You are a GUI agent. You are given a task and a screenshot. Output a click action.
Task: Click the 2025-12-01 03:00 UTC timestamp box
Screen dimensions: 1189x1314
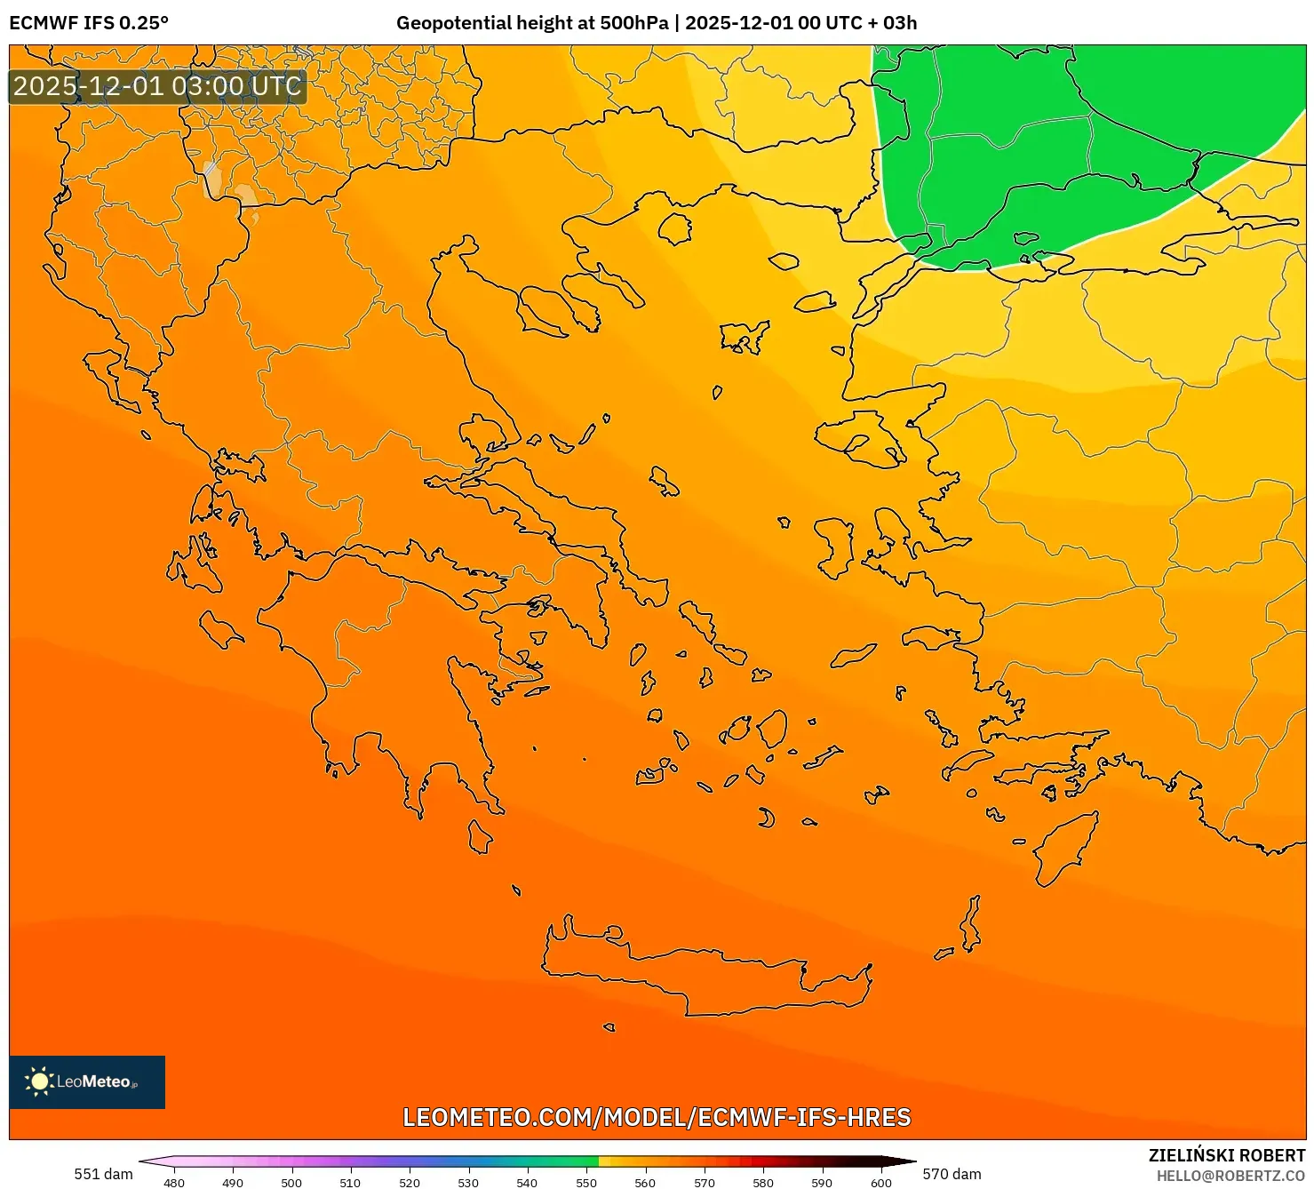click(158, 87)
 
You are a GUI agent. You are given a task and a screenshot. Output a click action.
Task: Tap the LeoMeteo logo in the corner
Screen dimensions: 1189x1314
click(87, 1081)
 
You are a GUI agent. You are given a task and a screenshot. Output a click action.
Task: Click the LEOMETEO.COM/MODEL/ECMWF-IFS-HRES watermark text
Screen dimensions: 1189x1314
click(657, 1117)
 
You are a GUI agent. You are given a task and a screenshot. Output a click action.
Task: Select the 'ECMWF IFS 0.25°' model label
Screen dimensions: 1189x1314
click(89, 23)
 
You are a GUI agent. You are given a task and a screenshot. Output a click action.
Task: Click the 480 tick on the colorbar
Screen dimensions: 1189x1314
click(174, 1182)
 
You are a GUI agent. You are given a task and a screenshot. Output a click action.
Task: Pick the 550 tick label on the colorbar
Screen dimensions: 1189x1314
click(586, 1182)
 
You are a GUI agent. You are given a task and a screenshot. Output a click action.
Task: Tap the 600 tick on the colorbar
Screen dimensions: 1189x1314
click(880, 1182)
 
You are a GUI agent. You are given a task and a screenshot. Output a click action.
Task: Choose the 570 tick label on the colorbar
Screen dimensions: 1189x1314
click(705, 1182)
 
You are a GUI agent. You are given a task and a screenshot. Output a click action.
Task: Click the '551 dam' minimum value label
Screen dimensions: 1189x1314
click(103, 1174)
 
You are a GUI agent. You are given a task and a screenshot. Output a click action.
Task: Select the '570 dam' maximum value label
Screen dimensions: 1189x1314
click(952, 1174)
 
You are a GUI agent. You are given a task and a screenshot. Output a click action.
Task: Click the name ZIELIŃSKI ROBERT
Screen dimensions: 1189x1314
click(1227, 1156)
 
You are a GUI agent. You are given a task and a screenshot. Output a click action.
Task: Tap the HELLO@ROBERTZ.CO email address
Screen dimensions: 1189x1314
click(1230, 1176)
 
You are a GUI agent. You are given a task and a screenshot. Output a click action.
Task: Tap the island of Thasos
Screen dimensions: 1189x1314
click(675, 228)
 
